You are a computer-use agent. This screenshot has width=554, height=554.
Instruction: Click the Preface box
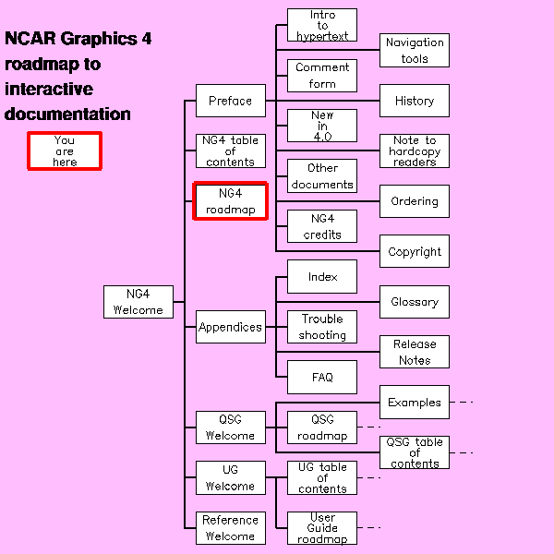click(231, 101)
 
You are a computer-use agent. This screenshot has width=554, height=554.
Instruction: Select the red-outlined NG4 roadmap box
click(230, 201)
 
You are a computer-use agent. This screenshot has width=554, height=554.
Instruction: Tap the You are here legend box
click(65, 151)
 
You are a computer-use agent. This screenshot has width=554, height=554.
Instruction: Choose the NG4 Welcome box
click(138, 302)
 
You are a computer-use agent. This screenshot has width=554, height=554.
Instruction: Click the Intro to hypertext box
click(322, 25)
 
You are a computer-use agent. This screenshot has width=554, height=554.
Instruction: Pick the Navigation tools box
click(415, 50)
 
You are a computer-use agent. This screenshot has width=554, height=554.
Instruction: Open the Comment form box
click(322, 76)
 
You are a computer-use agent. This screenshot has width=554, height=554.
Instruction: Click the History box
click(415, 101)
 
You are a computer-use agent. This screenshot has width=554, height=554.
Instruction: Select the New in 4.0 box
click(322, 126)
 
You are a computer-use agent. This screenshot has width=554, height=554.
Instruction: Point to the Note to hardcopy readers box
click(415, 151)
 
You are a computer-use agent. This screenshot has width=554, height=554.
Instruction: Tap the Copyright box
click(415, 251)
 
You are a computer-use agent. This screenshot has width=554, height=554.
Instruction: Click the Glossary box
click(415, 302)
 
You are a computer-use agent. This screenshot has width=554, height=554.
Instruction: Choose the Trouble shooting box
click(322, 327)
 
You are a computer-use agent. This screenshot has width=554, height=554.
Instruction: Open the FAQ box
click(322, 377)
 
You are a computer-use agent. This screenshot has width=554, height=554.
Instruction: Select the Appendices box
click(231, 327)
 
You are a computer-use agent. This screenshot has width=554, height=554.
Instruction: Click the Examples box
click(415, 402)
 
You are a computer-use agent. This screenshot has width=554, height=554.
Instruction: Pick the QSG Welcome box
click(231, 428)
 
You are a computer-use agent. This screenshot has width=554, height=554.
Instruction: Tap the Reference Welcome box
click(231, 528)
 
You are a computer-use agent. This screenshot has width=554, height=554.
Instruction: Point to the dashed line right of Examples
click(462, 402)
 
